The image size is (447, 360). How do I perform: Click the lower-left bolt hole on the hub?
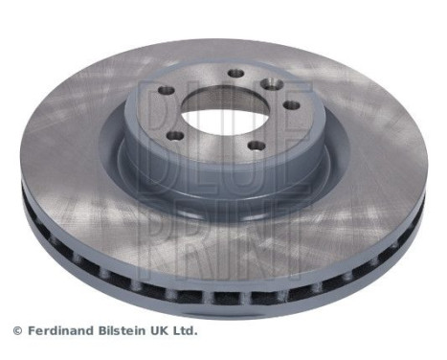point(175,136)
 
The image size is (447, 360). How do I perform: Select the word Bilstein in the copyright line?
point(128,330)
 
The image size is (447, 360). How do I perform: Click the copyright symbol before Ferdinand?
point(16,331)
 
